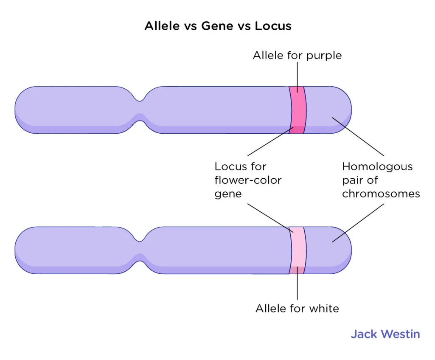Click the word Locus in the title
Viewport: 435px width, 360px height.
coord(273,26)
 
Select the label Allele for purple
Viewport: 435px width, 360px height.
coord(297,56)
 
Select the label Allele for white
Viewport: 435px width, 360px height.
coord(297,308)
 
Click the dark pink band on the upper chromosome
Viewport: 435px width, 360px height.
coord(297,110)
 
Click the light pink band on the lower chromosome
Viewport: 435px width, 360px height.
coord(297,250)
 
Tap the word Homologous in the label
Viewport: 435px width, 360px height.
coord(377,166)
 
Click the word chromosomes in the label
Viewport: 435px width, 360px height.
coord(381,194)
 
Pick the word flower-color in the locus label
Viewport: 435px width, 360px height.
coord(248,180)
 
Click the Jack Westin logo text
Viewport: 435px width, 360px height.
coord(385,334)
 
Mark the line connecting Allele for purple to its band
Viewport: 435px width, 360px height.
coord(297,76)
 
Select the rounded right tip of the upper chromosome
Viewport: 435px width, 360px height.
coord(346,110)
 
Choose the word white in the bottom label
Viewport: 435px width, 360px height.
coord(324,308)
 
